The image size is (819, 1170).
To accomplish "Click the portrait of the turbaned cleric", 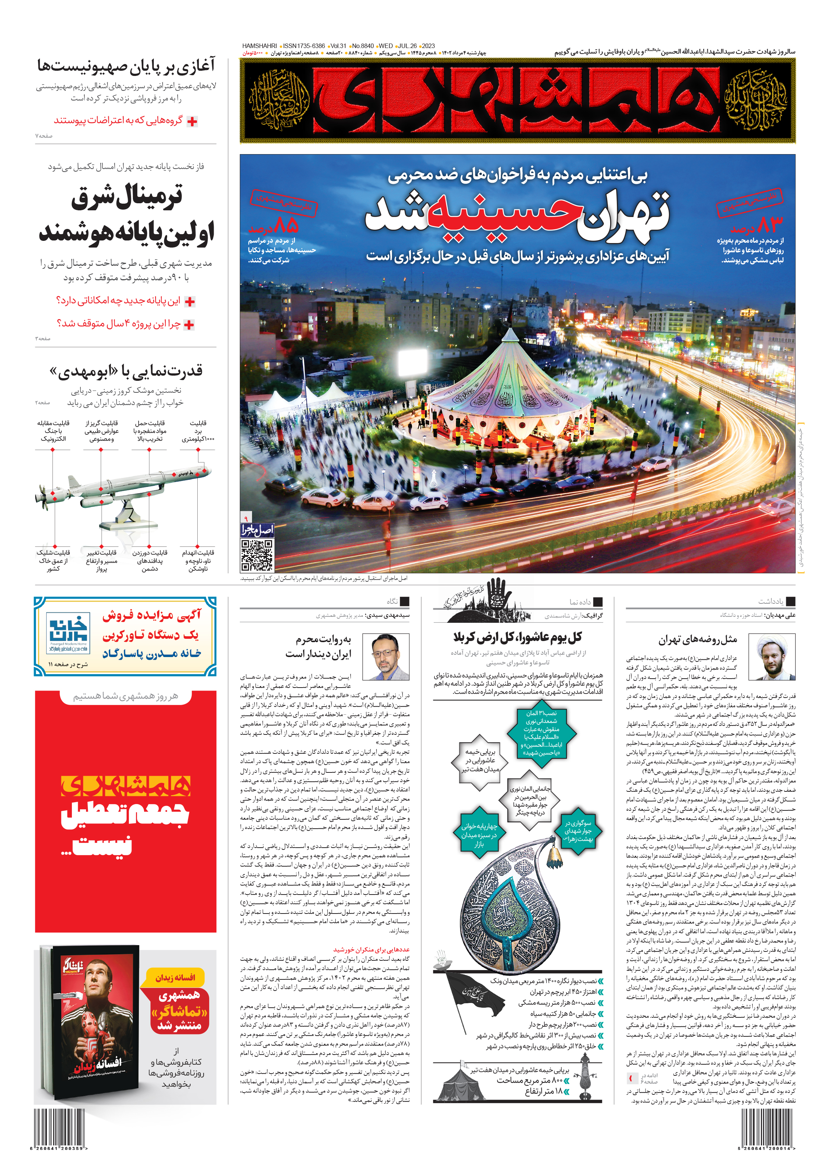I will (772, 657).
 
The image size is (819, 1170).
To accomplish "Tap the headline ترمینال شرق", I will (127, 197).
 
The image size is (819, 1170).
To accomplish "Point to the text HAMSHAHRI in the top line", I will (259, 46).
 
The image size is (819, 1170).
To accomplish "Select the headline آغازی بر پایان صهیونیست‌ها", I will (126, 66).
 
